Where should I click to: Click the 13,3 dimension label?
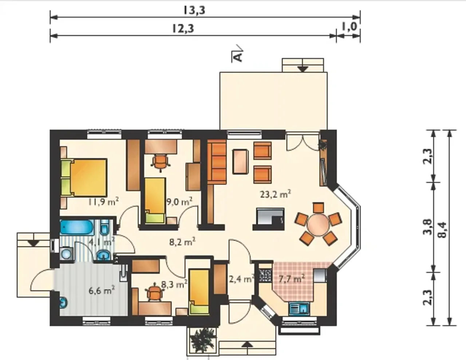[x=194, y=10]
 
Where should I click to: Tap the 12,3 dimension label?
[x=183, y=28]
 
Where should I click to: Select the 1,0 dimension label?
[x=349, y=27]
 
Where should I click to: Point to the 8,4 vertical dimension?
[x=442, y=230]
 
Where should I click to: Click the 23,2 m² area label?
[x=275, y=194]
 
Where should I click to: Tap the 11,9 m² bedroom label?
[x=103, y=201]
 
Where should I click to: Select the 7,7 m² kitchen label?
[x=292, y=279]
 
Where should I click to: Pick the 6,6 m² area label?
[x=102, y=291]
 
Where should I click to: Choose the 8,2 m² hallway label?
[x=182, y=242]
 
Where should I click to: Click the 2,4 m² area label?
[x=242, y=279]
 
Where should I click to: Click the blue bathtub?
[x=77, y=227]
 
